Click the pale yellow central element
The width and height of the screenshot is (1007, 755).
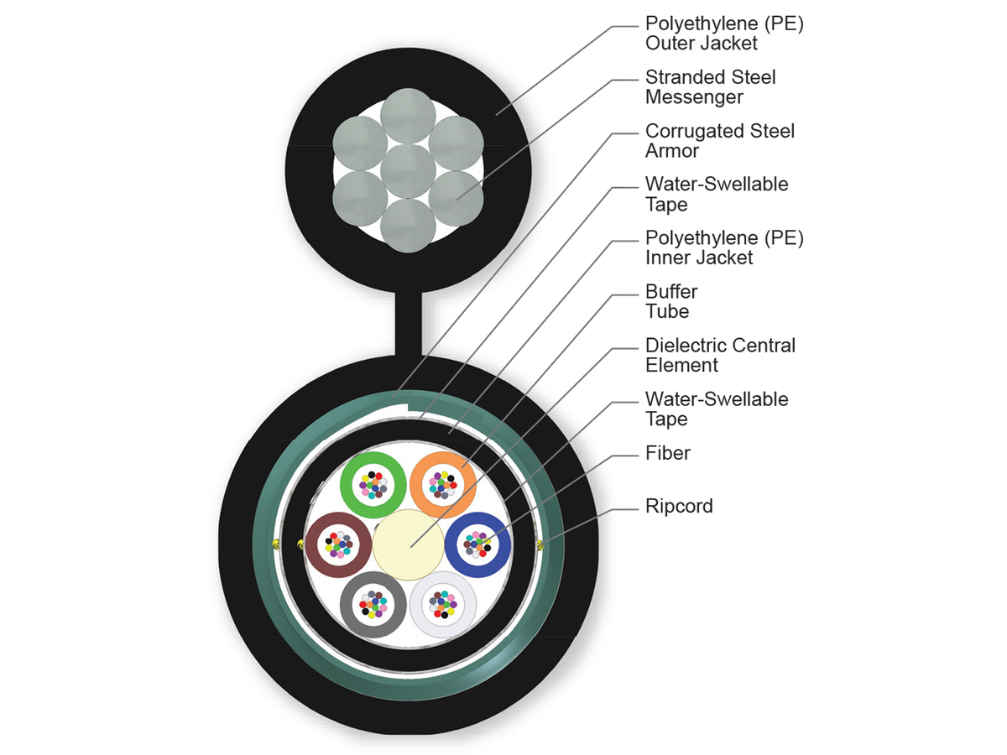pos(408,544)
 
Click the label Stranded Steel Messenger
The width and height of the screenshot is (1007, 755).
pos(710,87)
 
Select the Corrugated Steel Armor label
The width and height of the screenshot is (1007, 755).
pos(719,141)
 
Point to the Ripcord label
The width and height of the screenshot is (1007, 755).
pos(679,507)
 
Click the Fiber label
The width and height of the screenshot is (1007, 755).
pos(667,453)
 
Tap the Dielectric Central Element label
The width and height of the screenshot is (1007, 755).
pos(720,356)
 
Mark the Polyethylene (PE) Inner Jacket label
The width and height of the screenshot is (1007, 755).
pos(724,248)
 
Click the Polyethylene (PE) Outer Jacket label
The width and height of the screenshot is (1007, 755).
pos(724,34)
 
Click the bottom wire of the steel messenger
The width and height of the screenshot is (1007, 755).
pos(408,224)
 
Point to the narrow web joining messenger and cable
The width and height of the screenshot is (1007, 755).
pos(409,323)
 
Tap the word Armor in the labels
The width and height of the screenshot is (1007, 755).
pos(671,151)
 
